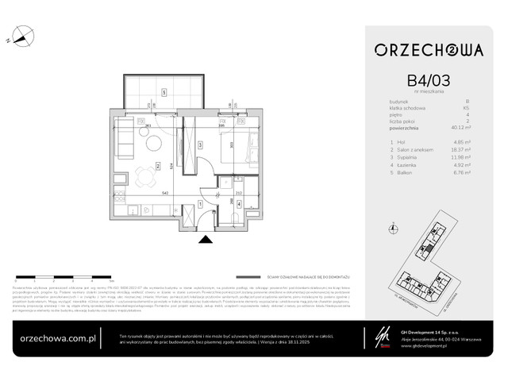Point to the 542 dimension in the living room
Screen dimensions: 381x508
point(163,193)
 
